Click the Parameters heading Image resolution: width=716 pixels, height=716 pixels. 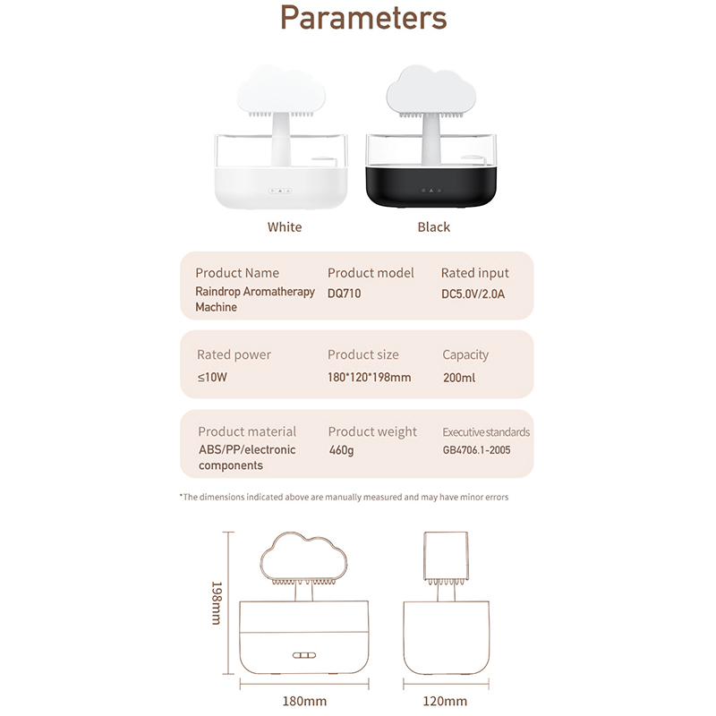tap(362, 19)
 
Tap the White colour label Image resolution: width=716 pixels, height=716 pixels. tap(285, 227)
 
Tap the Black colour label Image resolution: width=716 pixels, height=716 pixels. tap(433, 227)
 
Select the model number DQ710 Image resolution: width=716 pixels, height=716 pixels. tap(345, 293)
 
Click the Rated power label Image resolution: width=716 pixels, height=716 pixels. tap(234, 354)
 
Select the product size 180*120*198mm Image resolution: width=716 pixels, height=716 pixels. tap(369, 378)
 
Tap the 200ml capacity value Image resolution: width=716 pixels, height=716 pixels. tap(459, 378)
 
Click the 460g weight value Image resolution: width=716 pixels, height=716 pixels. tap(342, 450)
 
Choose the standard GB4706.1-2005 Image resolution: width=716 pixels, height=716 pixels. tap(477, 450)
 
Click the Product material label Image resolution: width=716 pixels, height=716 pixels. tap(247, 431)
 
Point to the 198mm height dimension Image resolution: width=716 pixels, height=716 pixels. tap(216, 602)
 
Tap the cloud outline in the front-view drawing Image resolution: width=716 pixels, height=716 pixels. tap(305, 556)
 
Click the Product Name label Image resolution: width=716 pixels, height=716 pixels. tap(237, 273)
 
